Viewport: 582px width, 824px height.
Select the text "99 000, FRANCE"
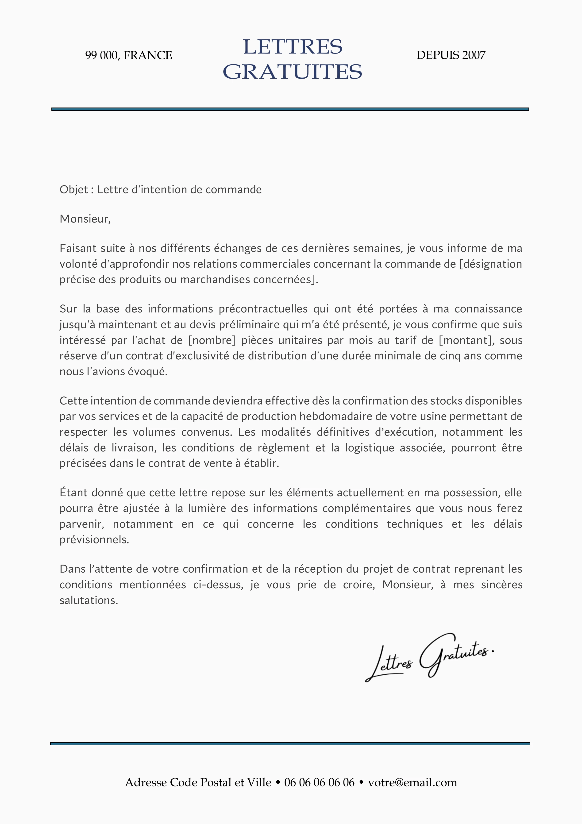128,55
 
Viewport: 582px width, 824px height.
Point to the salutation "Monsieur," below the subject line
85,219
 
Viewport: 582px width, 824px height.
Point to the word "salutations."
89,601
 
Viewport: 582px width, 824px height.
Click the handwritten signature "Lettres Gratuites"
429,661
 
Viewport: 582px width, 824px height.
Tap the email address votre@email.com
412,782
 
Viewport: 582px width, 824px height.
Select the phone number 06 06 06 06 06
319,782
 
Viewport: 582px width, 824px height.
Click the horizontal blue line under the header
290,109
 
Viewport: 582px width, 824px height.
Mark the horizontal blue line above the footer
290,744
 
